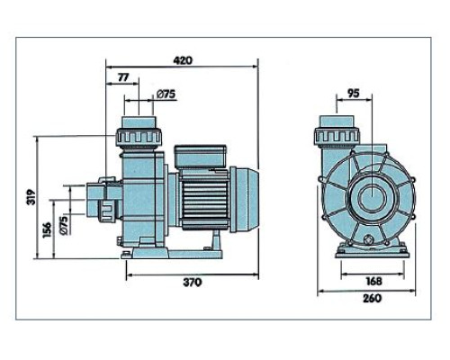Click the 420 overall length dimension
(183, 60)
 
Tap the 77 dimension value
(123, 77)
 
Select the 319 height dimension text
(31, 197)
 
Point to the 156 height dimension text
(47, 230)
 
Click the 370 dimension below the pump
(193, 283)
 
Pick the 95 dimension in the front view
(354, 94)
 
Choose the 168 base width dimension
(374, 281)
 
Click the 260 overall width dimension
(373, 298)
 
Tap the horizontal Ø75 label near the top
(166, 94)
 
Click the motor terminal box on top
(200, 157)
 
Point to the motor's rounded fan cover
(245, 200)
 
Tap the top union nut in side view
(139, 138)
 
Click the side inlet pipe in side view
(104, 200)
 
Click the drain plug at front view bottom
(368, 239)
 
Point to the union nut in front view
(337, 135)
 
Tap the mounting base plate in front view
(373, 251)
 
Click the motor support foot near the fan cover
(215, 241)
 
